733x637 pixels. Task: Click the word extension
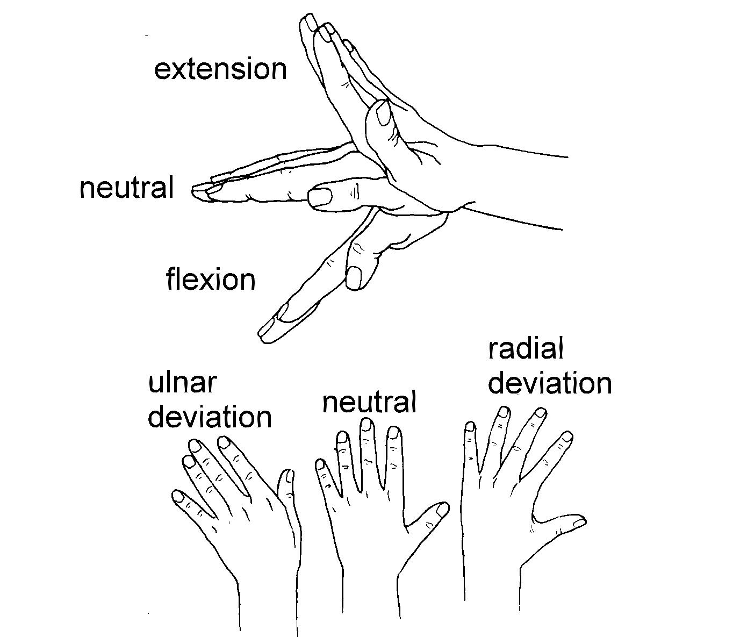tap(220, 70)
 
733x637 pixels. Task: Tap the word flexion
tap(211, 280)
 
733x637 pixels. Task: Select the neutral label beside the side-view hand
tap(127, 188)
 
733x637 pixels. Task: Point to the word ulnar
tap(182, 383)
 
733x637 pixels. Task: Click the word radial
tap(526, 348)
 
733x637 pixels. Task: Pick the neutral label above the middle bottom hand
tap(369, 402)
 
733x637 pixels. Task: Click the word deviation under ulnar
tap(210, 417)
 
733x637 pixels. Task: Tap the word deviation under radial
tap(550, 383)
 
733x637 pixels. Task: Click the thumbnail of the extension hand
tap(384, 113)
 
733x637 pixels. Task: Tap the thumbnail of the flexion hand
tap(354, 278)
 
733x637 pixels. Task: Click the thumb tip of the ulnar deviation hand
tap(289, 476)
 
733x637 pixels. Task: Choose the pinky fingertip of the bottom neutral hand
tap(321, 465)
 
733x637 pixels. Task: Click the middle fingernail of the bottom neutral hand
tap(366, 425)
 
